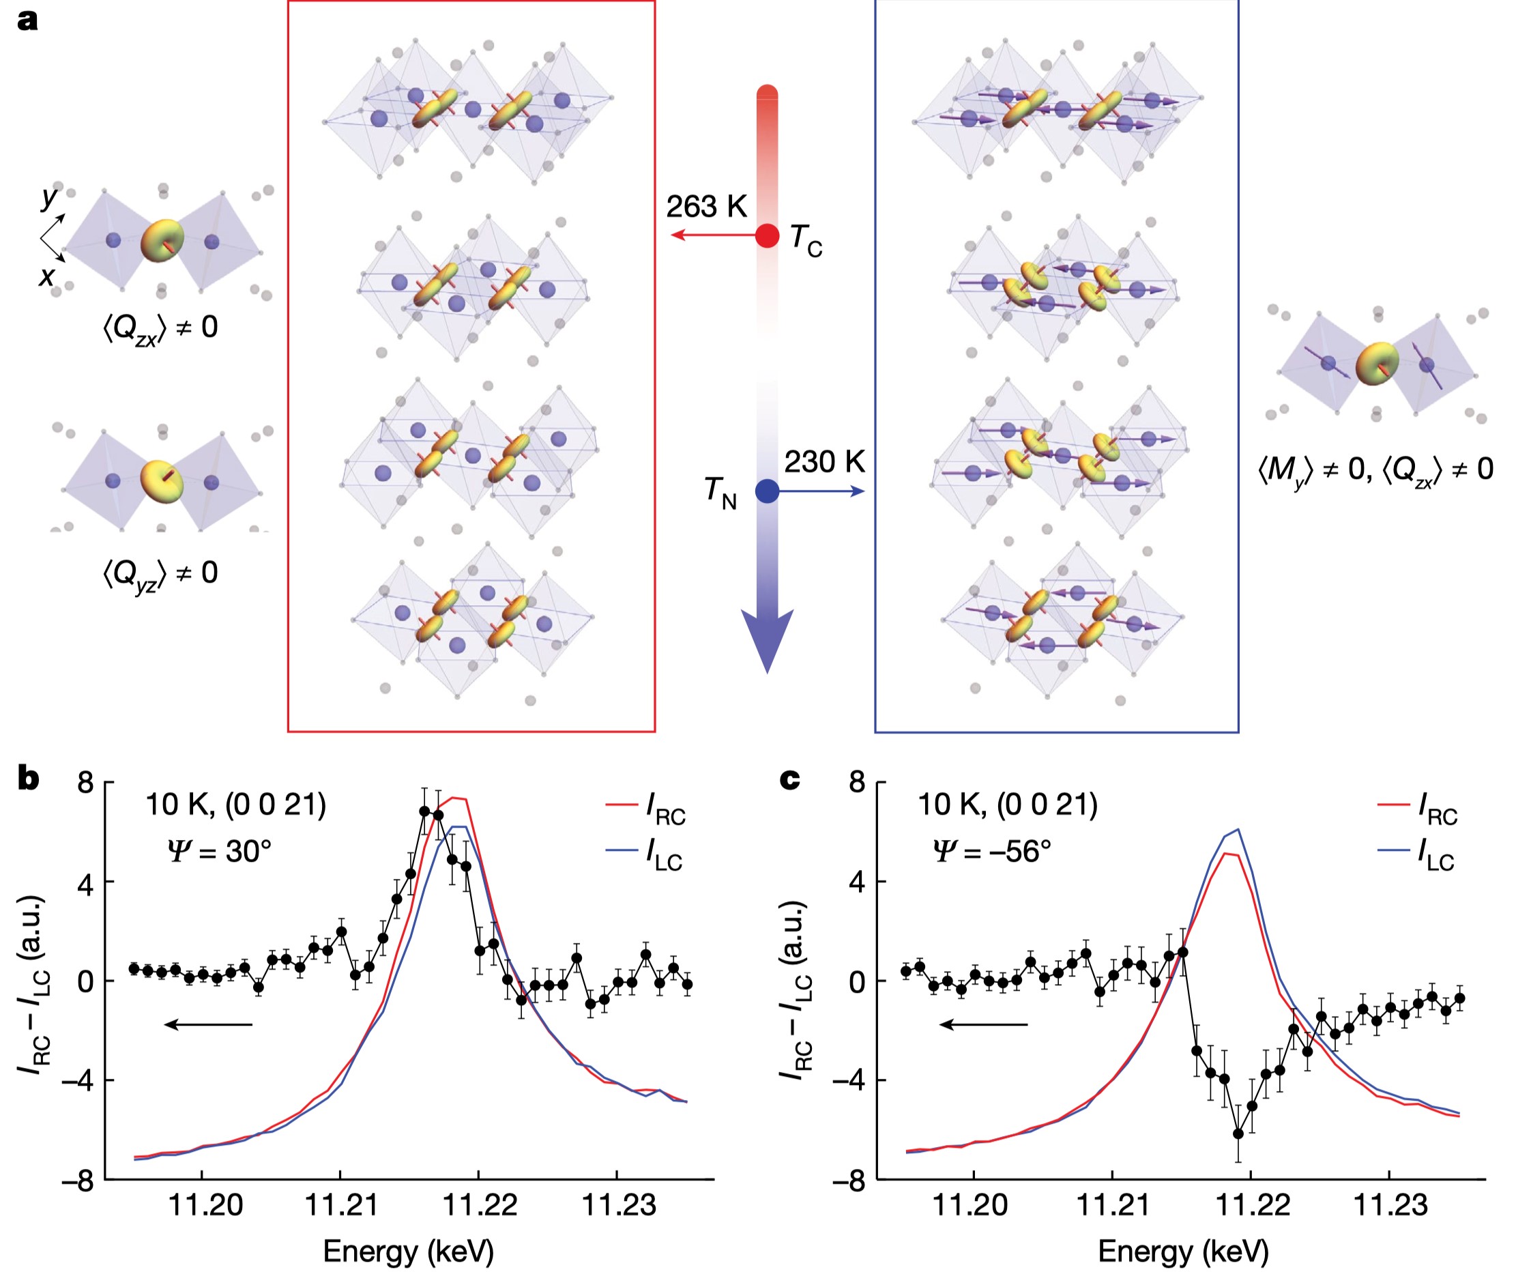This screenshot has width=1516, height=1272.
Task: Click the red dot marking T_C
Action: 767,235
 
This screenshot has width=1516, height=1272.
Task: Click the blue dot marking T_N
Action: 767,491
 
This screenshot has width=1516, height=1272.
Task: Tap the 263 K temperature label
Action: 705,207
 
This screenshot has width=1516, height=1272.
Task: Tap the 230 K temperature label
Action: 824,461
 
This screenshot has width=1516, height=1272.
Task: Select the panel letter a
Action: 27,20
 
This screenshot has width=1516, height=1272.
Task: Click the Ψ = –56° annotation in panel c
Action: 991,851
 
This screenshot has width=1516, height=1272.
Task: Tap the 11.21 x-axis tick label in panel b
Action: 340,1205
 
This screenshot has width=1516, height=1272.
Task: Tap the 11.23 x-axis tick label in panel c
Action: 1389,1205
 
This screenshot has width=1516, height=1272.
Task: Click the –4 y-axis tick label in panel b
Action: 77,1081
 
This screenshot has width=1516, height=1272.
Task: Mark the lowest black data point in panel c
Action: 1238,1134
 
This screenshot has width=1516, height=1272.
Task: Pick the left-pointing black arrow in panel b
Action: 208,1024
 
